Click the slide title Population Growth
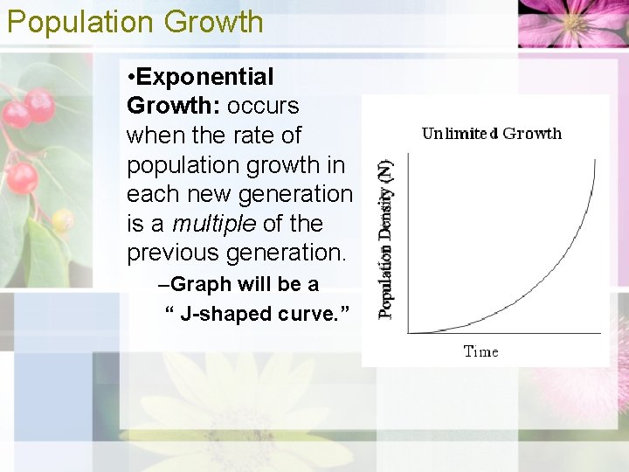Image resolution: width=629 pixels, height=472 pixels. coord(135,22)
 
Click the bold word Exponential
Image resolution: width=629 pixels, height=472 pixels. coord(205,77)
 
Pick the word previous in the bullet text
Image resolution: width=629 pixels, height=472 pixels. coord(173,253)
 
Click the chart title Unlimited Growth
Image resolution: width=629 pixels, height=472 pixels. coord(491,134)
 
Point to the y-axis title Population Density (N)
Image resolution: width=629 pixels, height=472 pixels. coord(386,238)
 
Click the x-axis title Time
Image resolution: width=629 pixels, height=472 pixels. coord(480,351)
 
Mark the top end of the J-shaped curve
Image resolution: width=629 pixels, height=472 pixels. coord(594,160)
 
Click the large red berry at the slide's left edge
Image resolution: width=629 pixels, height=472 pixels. coord(21,178)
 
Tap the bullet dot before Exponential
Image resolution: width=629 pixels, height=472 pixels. coord(131,77)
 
